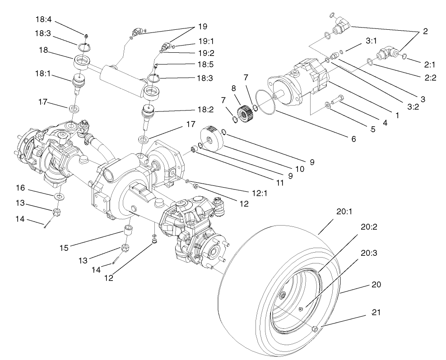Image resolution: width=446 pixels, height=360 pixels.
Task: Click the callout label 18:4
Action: [x=44, y=19]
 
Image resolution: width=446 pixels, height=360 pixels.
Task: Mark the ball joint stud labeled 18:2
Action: [x=149, y=112]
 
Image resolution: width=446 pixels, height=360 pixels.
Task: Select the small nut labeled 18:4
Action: [x=85, y=35]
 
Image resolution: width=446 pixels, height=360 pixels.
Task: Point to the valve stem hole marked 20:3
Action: [x=300, y=309]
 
